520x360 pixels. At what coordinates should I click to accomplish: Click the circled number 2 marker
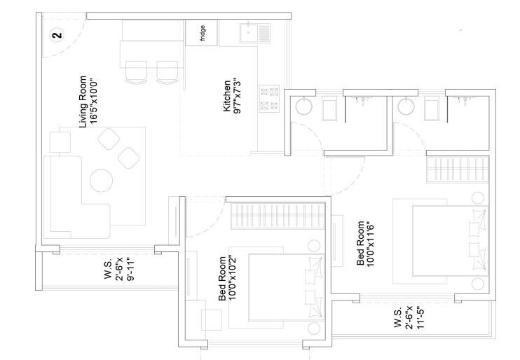tap(58, 33)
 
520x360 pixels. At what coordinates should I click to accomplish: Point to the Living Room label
tap(88, 101)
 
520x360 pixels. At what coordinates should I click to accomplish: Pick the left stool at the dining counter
tap(135, 72)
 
